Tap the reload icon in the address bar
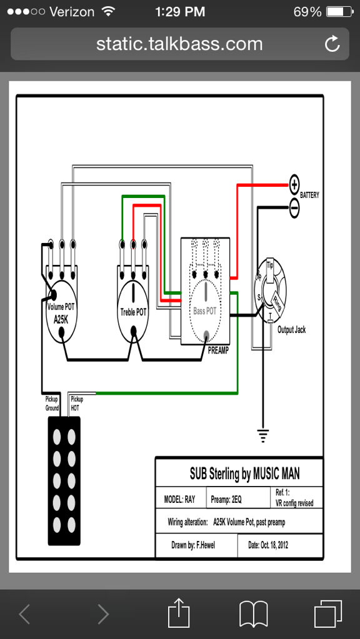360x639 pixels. coord(332,44)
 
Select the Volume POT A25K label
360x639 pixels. coord(61,312)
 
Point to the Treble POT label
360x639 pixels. coord(133,312)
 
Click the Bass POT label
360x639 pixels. coord(204,311)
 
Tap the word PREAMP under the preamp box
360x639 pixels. coord(218,350)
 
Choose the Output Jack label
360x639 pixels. coord(291,330)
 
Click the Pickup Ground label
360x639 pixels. coord(52,404)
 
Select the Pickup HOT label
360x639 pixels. coord(76,404)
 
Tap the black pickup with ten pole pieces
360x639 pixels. coord(64,480)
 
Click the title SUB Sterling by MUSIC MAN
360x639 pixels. coord(244,473)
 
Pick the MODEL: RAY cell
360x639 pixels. coord(179,500)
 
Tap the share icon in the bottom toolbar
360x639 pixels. coord(180,613)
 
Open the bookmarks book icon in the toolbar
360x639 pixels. coord(253,613)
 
